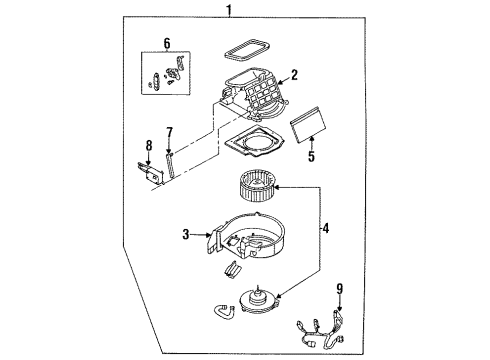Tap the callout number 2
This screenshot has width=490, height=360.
[x=294, y=75]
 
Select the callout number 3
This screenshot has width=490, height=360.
[x=186, y=234]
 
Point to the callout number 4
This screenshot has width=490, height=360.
[x=325, y=228]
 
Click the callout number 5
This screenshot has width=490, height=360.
[x=311, y=156]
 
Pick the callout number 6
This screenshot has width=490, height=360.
[x=167, y=44]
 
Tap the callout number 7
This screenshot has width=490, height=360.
[x=170, y=133]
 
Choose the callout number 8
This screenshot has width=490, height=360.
[x=149, y=146]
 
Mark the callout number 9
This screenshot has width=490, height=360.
[x=339, y=289]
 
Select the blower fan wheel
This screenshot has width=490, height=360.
[x=257, y=187]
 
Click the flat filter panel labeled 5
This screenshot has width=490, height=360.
[x=308, y=125]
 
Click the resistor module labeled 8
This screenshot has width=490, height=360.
[x=151, y=173]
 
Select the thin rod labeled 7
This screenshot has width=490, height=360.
[x=170, y=165]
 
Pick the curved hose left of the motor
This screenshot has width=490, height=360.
[x=223, y=310]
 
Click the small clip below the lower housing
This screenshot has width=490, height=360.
[x=232, y=269]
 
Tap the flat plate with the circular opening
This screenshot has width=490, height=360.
[x=255, y=141]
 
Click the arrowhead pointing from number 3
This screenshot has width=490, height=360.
[x=209, y=235]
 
